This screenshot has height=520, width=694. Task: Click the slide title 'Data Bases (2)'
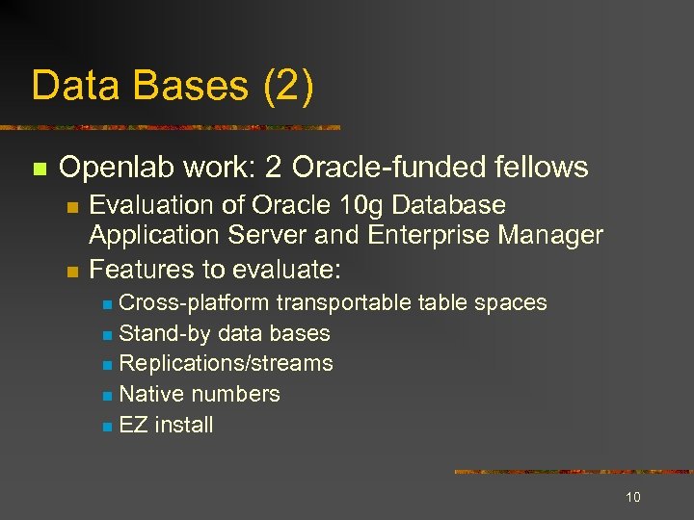pos(173,86)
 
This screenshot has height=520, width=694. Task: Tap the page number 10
pos(633,497)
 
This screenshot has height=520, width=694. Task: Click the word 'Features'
pos(136,266)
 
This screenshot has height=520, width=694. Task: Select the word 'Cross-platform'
pos(195,302)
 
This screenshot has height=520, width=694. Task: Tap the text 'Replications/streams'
pos(226,363)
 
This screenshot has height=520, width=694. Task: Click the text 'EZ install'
pos(166,425)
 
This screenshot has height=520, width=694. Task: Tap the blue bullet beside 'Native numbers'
pos(108,396)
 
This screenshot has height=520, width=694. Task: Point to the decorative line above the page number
pos(573,472)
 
